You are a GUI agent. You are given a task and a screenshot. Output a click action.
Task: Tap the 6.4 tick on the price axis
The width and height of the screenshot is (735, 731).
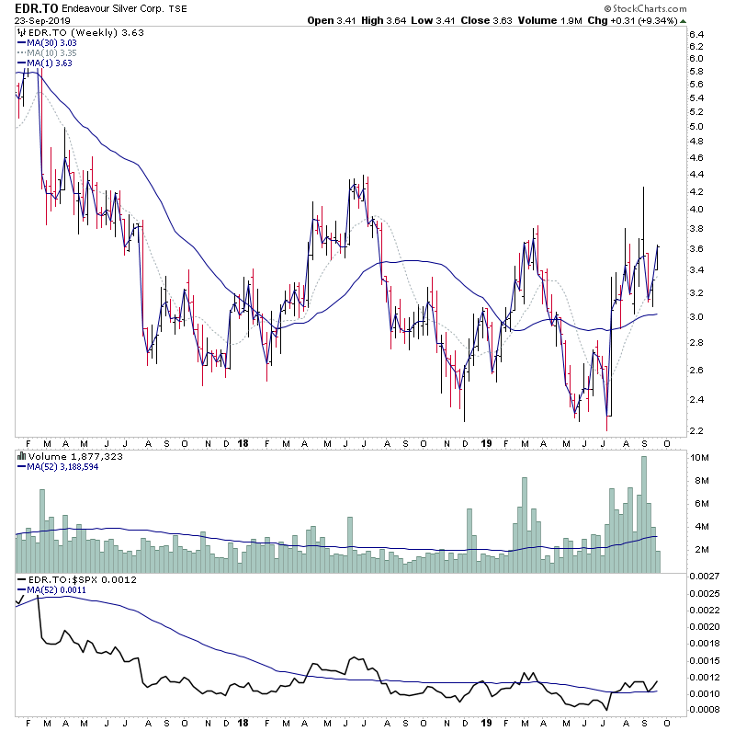pyautogui.click(x=695, y=35)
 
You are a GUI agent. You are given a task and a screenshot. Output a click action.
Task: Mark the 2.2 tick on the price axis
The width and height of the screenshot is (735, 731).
pyautogui.click(x=695, y=431)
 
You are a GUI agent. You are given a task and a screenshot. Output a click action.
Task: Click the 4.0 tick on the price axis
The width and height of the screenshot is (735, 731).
pyautogui.click(x=695, y=210)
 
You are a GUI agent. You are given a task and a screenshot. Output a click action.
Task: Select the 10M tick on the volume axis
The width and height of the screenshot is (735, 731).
pyautogui.click(x=698, y=458)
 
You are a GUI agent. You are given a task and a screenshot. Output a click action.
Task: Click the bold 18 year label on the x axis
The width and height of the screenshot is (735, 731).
pyautogui.click(x=243, y=442)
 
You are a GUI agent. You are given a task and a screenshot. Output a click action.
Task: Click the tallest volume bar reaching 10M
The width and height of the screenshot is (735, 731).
pyautogui.click(x=644, y=515)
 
